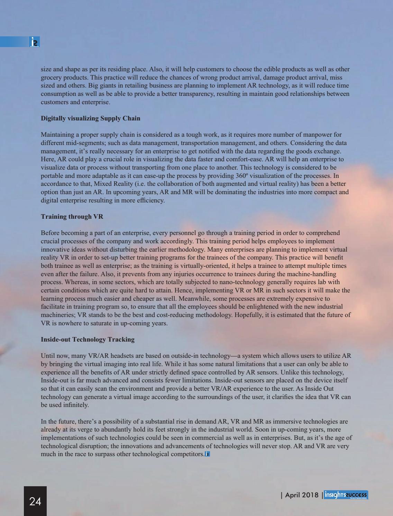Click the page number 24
35,501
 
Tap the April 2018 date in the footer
302,495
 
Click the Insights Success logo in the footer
346,495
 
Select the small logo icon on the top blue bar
35,42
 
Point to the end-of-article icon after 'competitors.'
208,454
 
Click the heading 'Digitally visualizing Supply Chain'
91,118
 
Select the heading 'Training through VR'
72,217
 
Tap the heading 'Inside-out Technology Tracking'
88,340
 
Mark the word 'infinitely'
73,405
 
